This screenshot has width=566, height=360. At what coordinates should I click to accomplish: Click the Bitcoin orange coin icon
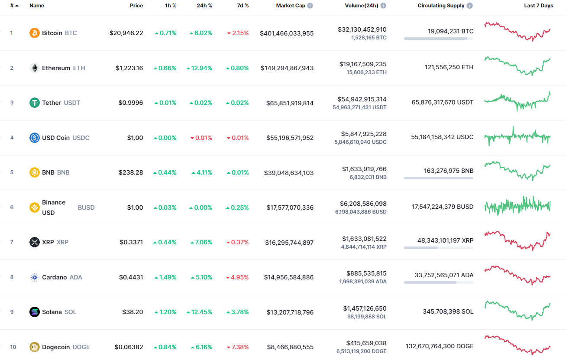[x=35, y=33]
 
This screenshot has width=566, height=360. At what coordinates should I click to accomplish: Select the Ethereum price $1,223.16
[x=129, y=68]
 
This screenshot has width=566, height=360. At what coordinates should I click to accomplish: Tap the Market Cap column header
[x=291, y=6]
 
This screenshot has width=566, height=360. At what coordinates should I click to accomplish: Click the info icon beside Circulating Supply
[x=470, y=6]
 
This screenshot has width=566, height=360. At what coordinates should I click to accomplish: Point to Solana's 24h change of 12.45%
[x=199, y=312]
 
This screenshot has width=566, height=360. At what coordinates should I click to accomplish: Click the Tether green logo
[x=35, y=103]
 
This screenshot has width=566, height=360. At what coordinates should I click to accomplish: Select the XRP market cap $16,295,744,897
[x=289, y=243]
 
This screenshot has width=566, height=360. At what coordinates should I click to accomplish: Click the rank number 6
[x=12, y=208]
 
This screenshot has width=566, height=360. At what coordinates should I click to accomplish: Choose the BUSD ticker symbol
[x=86, y=208]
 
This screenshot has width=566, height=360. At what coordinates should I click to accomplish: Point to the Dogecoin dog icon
[x=35, y=347]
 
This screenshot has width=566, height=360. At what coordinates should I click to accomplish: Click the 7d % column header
[x=243, y=6]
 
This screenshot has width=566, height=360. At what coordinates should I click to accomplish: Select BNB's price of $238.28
[x=131, y=172]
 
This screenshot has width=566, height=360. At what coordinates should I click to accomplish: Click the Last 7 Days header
[x=538, y=6]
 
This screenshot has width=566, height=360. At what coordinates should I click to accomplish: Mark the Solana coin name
[x=52, y=312]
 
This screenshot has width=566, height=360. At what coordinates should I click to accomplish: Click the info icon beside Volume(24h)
[x=383, y=6]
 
